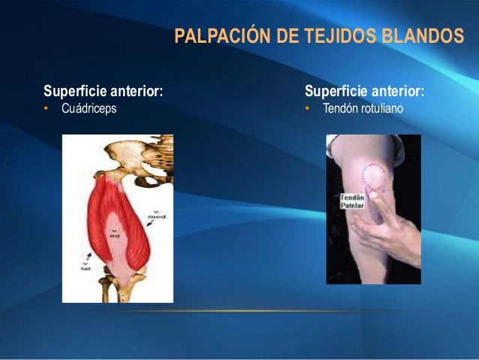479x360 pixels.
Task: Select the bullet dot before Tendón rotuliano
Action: coord(308,109)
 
